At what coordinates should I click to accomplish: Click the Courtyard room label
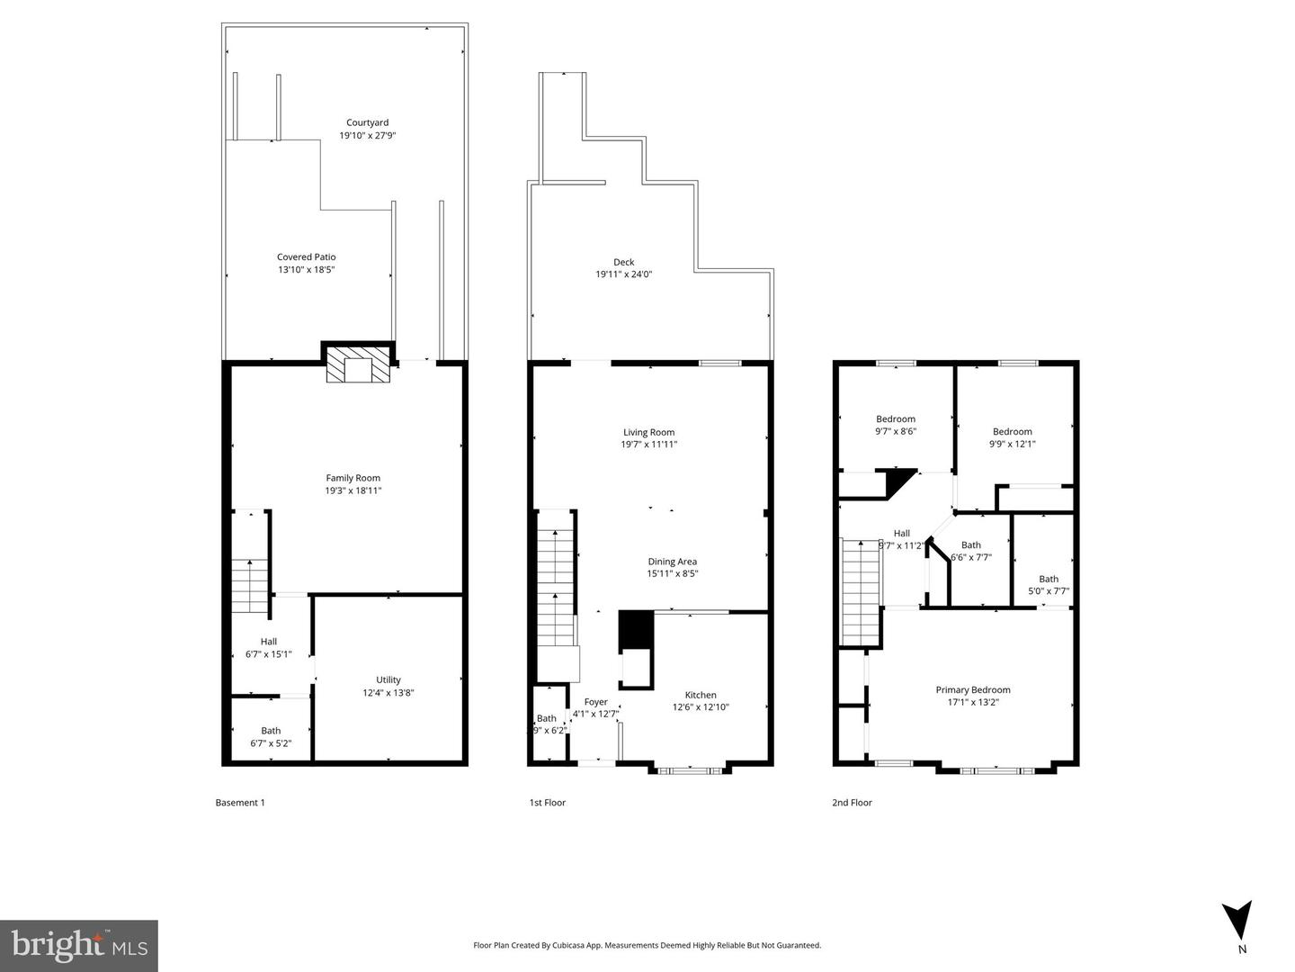367,122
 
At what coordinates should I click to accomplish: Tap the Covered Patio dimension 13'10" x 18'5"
306,269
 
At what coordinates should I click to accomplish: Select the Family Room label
353,478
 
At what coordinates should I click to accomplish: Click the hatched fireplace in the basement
359,365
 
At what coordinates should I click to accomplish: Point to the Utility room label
388,679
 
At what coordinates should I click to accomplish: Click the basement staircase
250,585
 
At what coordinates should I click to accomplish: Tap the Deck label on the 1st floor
623,262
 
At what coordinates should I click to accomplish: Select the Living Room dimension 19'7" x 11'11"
648,445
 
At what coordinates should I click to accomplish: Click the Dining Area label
672,562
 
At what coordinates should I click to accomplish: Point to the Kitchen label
701,695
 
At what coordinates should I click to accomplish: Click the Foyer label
595,702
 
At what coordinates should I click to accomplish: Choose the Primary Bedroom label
972,690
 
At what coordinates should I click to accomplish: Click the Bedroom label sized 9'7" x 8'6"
896,418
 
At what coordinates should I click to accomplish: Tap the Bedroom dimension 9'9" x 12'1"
1012,444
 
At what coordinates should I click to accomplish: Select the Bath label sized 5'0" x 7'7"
1049,579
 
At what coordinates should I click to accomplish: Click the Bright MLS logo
79,945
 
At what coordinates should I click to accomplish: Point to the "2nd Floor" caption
852,803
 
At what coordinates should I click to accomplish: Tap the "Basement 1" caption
240,803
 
